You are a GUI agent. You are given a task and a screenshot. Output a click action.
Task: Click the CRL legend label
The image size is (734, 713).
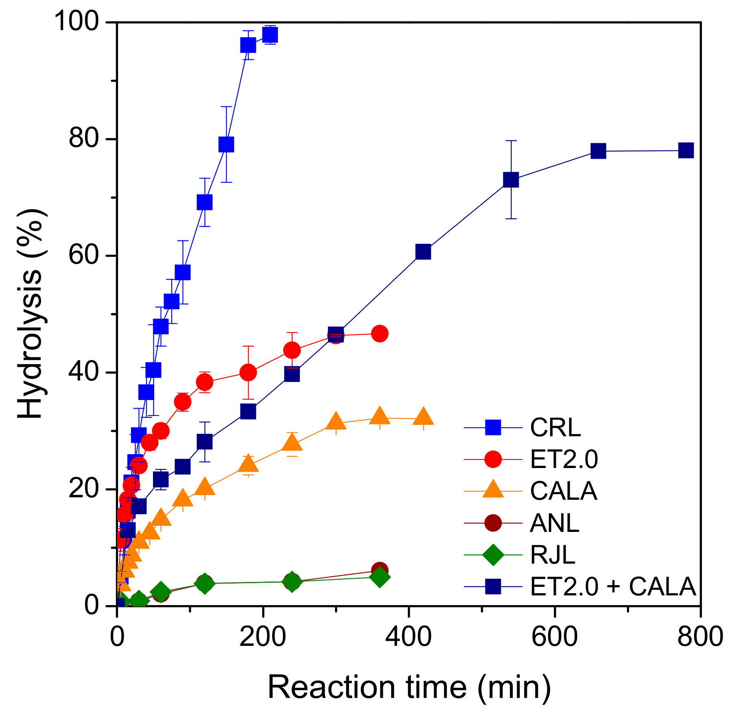[x=555, y=427]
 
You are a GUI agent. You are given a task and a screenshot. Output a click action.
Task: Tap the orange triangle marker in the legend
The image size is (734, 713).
[x=493, y=490]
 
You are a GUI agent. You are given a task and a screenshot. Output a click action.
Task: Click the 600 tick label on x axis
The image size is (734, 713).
[x=554, y=637]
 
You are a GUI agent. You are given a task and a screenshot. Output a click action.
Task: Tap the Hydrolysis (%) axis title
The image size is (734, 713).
[x=31, y=313]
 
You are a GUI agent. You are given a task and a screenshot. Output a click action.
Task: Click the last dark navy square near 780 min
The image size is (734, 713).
[x=686, y=151]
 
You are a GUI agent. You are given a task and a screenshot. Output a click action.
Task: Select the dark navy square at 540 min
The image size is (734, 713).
[x=511, y=179]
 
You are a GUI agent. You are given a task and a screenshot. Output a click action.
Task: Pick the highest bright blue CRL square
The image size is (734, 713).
[x=270, y=35]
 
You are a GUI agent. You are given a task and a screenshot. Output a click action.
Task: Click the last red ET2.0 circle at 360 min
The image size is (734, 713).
[x=380, y=334]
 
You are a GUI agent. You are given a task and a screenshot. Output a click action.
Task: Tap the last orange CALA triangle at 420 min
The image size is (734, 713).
[x=423, y=417]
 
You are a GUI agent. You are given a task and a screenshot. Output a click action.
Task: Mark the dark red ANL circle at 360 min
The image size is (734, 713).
[x=380, y=570]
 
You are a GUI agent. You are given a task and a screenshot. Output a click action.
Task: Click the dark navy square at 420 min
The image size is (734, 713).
[x=423, y=252]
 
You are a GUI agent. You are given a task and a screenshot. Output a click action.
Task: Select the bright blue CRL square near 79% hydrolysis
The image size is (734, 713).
[x=226, y=144]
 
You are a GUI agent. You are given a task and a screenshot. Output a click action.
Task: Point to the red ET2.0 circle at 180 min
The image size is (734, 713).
[x=248, y=372]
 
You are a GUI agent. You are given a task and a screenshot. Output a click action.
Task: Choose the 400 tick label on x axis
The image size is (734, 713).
[x=408, y=637]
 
